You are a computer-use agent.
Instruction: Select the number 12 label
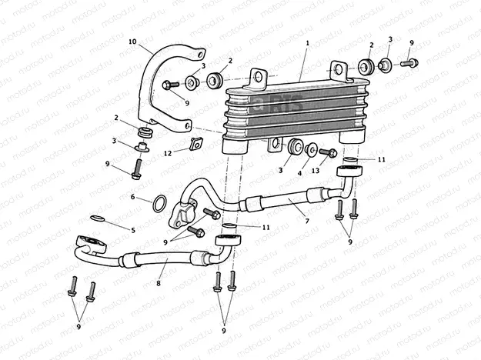[x=168, y=152]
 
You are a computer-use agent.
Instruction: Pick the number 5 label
[x=132, y=230]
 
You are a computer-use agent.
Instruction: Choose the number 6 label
[x=132, y=197]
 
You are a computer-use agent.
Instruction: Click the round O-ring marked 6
[x=157, y=204]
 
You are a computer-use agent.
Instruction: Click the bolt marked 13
[x=327, y=152]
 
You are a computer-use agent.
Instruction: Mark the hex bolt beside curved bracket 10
[x=170, y=84]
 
